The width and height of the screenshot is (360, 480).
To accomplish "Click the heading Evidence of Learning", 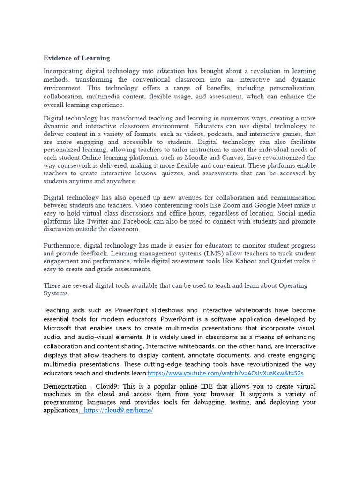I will tap(77, 58).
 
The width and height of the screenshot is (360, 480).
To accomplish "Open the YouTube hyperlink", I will tap(225, 373).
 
